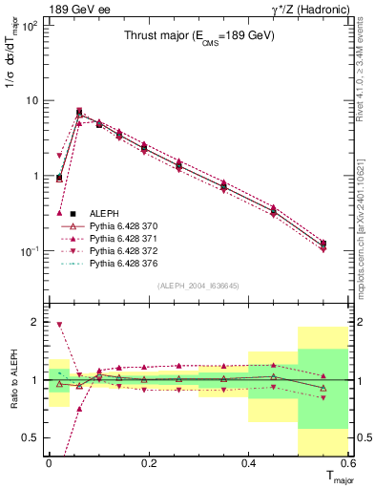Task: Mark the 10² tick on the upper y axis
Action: click(x=30, y=26)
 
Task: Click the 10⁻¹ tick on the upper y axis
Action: click(x=30, y=251)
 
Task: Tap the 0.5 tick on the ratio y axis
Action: click(x=31, y=437)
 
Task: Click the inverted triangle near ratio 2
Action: click(x=59, y=325)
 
